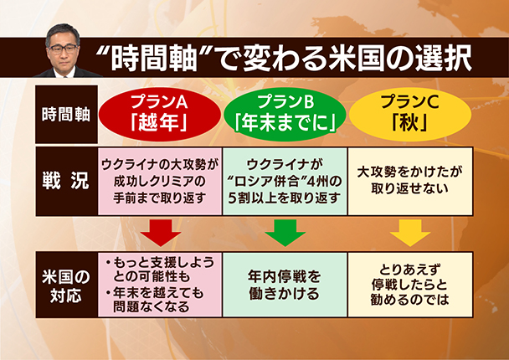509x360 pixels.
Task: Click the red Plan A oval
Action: coord(159,114)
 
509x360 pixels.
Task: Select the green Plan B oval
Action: coord(285,114)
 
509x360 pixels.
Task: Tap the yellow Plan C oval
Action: coord(410,114)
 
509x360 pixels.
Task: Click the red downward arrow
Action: coord(161,233)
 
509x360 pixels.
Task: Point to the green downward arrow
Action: coord(285,233)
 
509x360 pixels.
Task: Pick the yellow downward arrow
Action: coord(410,233)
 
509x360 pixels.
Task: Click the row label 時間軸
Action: coord(66,115)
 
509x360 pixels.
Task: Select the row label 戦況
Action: coord(66,181)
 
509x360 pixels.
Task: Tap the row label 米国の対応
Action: coord(66,285)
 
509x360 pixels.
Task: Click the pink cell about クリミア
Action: coord(160,181)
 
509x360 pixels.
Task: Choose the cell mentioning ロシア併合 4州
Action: coord(285,181)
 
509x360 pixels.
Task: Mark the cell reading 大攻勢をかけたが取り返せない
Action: coord(410,181)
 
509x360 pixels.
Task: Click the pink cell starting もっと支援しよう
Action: coord(160,285)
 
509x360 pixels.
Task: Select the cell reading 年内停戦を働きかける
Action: coord(285,285)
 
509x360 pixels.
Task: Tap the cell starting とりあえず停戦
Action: coord(410,285)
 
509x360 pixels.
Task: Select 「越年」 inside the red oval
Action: coord(159,123)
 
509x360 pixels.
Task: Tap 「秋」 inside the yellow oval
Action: coord(409,123)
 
